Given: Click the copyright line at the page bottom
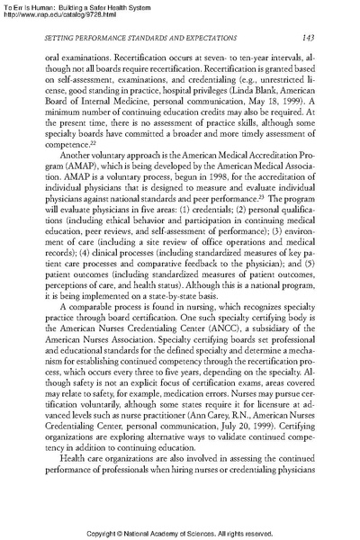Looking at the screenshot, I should (x=179, y=531).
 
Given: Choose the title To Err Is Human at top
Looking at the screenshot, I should (x=31, y=5).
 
